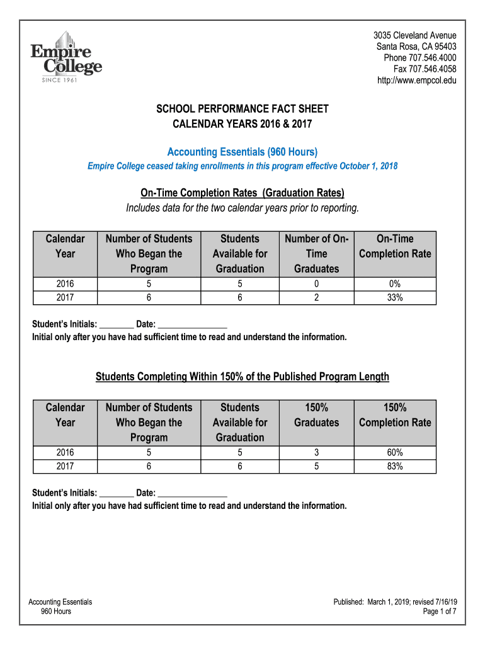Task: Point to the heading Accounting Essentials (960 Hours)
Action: point(243,152)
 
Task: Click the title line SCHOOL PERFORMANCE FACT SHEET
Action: point(243,110)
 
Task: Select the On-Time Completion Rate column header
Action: point(395,246)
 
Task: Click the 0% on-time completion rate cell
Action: point(395,284)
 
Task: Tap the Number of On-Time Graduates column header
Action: point(316,254)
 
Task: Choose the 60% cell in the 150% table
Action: point(395,453)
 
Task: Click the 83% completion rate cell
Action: point(395,467)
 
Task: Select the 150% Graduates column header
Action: point(316,415)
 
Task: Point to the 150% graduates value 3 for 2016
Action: point(316,453)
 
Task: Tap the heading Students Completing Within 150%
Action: point(243,377)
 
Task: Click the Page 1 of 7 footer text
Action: point(440,612)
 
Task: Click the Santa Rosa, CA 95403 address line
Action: point(416,47)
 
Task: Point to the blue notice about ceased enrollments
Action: point(243,166)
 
